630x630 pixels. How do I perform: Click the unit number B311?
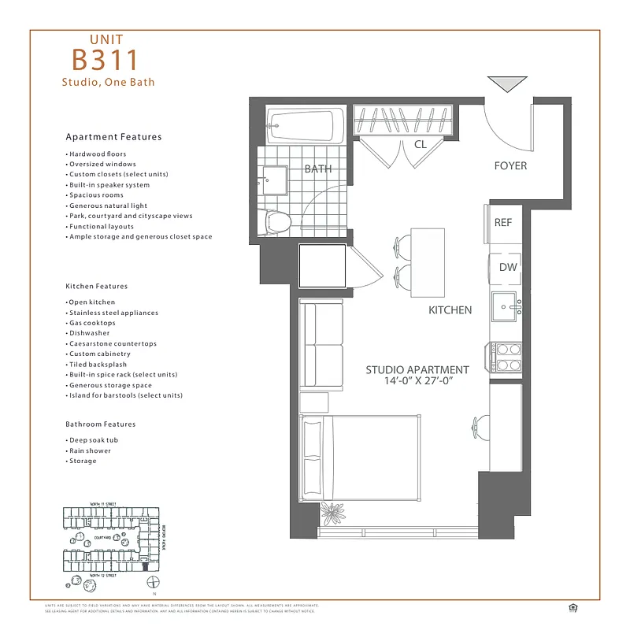click(x=106, y=60)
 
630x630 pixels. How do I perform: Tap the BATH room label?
click(x=318, y=169)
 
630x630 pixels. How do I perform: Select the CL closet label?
click(x=420, y=145)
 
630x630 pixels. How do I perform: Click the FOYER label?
click(x=510, y=166)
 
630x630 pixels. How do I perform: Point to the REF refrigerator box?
click(x=503, y=223)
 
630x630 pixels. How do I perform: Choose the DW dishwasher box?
click(x=508, y=267)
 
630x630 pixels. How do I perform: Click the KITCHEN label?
click(x=450, y=310)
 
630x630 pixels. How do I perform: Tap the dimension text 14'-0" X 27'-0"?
click(x=417, y=380)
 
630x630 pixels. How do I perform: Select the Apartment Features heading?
click(x=113, y=137)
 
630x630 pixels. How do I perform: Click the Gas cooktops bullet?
click(x=91, y=323)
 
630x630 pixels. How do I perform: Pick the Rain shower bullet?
click(x=90, y=450)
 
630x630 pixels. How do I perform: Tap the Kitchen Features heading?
click(x=96, y=287)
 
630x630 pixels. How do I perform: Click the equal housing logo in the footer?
click(x=571, y=607)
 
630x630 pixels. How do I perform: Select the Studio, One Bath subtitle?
click(x=108, y=82)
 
